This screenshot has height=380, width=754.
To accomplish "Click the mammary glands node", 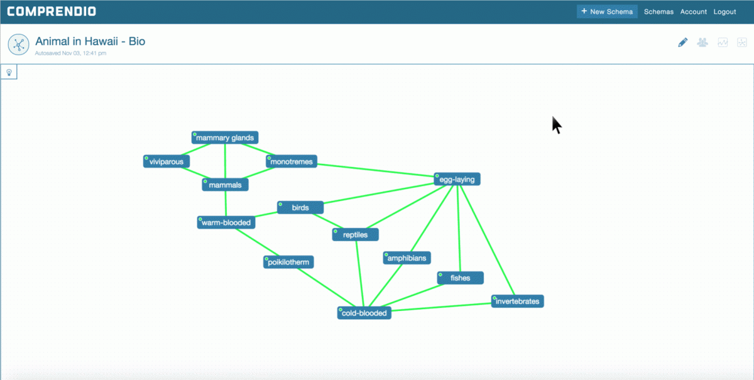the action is click(x=225, y=138).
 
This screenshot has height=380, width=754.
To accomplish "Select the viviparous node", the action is click(x=167, y=161).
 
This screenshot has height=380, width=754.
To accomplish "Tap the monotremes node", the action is click(x=292, y=161).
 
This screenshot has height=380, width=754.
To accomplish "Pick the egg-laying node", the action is click(x=457, y=180).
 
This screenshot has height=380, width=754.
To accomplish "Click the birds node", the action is click(x=300, y=208).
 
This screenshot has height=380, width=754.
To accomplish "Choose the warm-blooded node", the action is click(x=226, y=222).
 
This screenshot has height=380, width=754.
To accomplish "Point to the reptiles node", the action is click(x=356, y=235).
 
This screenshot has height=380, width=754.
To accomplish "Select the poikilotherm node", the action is click(x=288, y=262).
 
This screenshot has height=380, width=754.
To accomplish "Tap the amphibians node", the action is click(x=407, y=258).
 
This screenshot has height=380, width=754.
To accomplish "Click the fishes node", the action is click(x=461, y=278).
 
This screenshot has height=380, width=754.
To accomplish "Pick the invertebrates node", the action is click(x=517, y=301).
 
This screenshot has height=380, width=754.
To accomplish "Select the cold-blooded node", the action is click(x=364, y=313).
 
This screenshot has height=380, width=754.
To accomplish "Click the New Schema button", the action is click(x=607, y=11).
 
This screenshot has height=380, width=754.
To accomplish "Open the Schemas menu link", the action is click(x=658, y=12).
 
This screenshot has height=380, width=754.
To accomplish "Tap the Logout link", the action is click(x=724, y=12).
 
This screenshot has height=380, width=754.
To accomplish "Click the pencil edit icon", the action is click(x=682, y=43).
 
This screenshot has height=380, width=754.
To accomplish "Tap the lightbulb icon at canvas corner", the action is click(x=9, y=72).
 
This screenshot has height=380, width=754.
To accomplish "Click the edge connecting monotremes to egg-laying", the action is click(x=376, y=170).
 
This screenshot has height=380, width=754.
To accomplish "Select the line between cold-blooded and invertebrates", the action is click(x=441, y=307).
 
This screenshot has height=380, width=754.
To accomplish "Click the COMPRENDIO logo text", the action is click(x=52, y=12).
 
